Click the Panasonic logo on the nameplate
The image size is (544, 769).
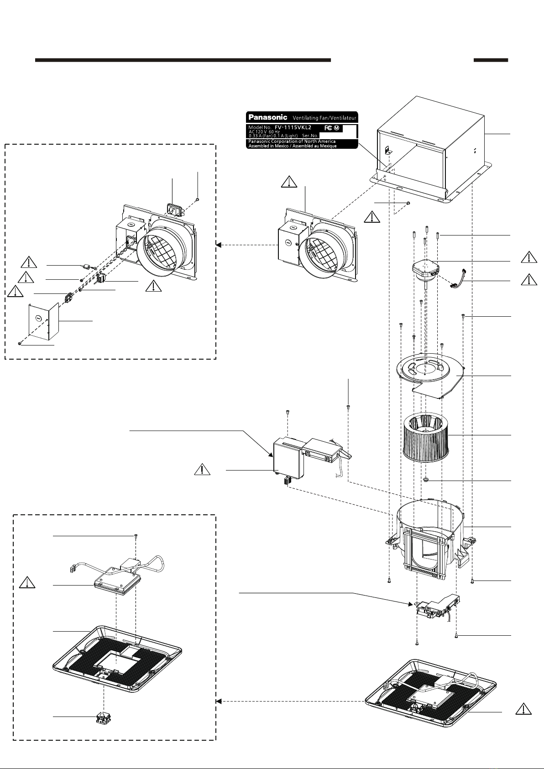[x=268, y=117]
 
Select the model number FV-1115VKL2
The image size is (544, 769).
[x=293, y=127]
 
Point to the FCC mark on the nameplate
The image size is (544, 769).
[x=328, y=128]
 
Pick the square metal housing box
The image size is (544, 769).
[x=431, y=151]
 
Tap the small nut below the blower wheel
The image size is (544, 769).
[x=426, y=480]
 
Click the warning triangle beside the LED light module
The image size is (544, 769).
[x=27, y=582]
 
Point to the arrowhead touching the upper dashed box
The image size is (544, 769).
[x=218, y=245]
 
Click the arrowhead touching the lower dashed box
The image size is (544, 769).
[x=218, y=701]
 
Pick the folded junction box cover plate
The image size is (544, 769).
[x=44, y=321]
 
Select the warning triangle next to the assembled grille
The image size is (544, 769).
[x=523, y=709]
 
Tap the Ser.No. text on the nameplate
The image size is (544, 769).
[x=310, y=136]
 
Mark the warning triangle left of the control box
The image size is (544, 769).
[x=202, y=469]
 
